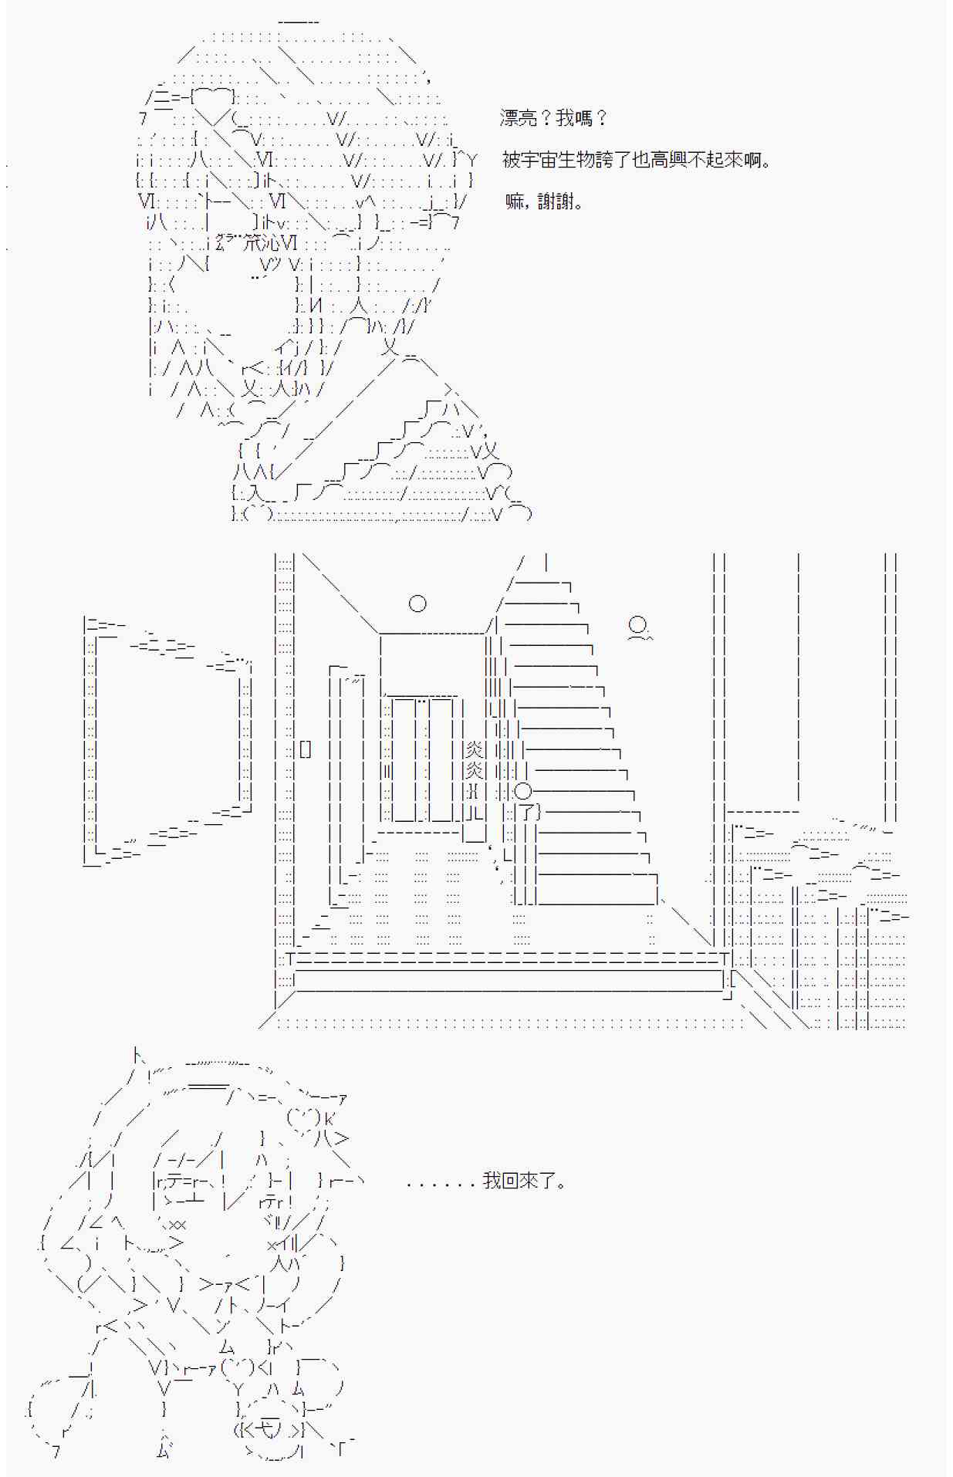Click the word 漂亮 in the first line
pyautogui.click(x=519, y=118)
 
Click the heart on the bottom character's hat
pyautogui.click(x=302, y=1117)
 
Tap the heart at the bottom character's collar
pyautogui.click(x=236, y=1369)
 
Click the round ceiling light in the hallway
pyautogui.click(x=417, y=603)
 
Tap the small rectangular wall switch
pyautogui.click(x=306, y=749)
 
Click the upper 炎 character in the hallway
pyautogui.click(x=474, y=749)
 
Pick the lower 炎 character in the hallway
pyautogui.click(x=474, y=769)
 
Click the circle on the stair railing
pyautogui.click(x=523, y=790)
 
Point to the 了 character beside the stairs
pyautogui.click(x=527, y=811)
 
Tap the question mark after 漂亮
pyautogui.click(x=545, y=118)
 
